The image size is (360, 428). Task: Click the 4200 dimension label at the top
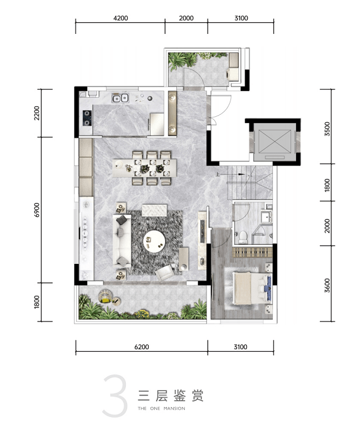pos(120,18)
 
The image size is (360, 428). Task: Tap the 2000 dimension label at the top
pos(186,18)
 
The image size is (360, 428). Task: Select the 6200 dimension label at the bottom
pos(141,347)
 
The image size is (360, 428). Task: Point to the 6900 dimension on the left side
pos(37,210)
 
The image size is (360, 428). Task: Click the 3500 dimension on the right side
pos(327,129)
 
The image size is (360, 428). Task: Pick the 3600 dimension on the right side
pos(327,285)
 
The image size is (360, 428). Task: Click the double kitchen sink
pos(120,98)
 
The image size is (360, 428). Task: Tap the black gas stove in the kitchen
pos(87,118)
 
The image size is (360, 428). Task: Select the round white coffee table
pos(154,242)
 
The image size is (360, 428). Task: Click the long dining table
pos(144,168)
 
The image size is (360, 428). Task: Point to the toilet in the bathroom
pos(243,237)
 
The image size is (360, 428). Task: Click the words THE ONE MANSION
pos(162,408)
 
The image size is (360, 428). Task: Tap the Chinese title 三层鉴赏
pos(171,395)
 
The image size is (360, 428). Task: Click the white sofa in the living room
pos(122,240)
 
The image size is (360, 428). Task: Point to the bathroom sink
pos(266,217)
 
